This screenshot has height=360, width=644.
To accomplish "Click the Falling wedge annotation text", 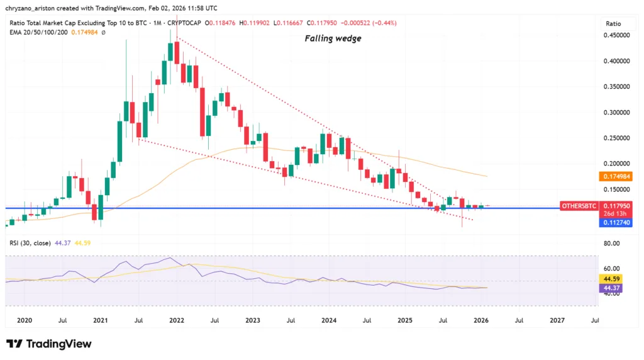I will coord(333,38).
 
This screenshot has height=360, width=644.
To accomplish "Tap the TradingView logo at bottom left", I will coord(48,344).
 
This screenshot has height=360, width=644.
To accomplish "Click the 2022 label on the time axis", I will coord(176,320).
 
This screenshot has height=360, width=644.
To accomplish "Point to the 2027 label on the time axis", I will coord(557,320).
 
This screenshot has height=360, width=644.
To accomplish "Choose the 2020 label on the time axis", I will coord(24,320).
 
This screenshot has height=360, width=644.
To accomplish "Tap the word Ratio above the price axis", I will coord(613,23).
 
